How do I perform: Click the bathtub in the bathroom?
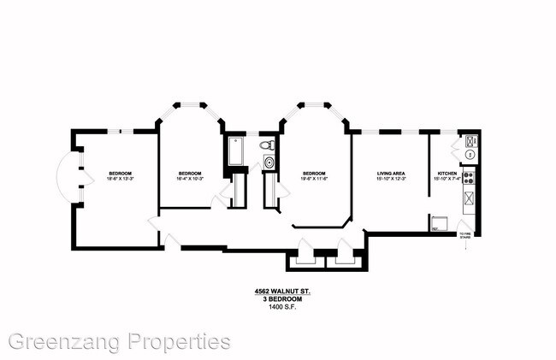tap(235, 150)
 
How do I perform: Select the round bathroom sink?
tap(270, 161)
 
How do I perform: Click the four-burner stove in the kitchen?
tap(468, 178)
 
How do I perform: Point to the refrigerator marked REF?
tap(437, 223)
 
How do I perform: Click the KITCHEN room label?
tap(447, 173)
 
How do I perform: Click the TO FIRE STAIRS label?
tap(465, 236)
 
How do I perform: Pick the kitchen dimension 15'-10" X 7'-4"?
tap(447, 179)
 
